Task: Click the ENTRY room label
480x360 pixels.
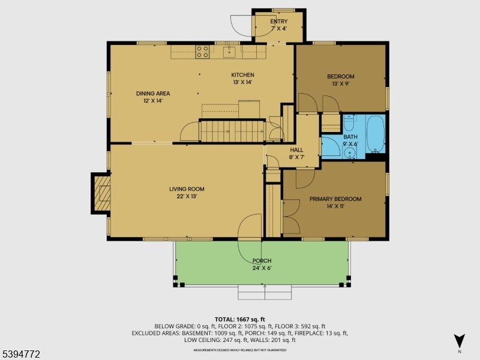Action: (278, 22)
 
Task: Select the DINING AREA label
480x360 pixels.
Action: (152, 93)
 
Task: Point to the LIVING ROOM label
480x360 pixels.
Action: (187, 189)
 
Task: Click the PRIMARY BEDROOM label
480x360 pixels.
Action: (335, 199)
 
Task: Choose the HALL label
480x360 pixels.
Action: (297, 150)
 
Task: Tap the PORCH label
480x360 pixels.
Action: (262, 261)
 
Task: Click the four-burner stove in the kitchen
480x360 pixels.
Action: (202, 52)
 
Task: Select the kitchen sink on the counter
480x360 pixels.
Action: (229, 52)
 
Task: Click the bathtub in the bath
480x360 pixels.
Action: (376, 133)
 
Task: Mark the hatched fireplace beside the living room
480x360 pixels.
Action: (101, 193)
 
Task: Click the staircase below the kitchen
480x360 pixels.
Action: (232, 131)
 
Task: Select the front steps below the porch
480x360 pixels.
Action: (265, 292)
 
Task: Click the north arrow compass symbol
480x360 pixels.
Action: (459, 341)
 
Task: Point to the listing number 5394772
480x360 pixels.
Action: (21, 355)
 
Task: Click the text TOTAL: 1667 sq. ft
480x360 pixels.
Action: (239, 319)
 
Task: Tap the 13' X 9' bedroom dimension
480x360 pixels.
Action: (340, 85)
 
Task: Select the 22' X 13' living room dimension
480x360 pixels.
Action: (187, 196)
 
